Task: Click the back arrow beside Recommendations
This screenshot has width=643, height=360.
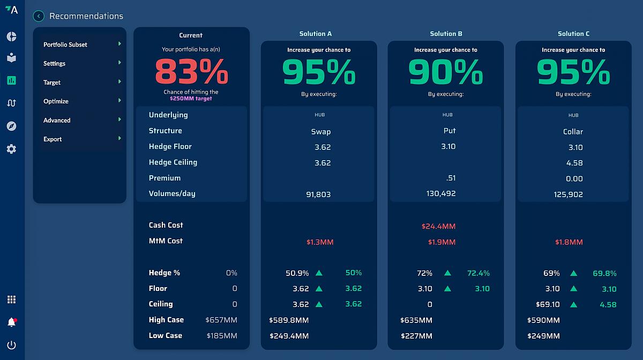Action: coord(39,16)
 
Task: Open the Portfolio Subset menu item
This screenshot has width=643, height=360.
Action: coord(65,44)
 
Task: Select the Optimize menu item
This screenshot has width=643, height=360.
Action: coord(56,101)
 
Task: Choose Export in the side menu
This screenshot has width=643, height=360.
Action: coord(53,139)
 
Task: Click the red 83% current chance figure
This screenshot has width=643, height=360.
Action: coord(191,72)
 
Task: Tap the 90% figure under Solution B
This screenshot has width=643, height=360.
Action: coord(445,72)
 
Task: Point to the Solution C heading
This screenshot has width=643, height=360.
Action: coord(573,34)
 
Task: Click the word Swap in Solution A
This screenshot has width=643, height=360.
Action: coord(321,132)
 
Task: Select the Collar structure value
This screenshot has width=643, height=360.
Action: coord(573,132)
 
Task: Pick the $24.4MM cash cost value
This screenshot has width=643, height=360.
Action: coord(438,226)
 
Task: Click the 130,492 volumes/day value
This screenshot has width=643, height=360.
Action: coord(441,193)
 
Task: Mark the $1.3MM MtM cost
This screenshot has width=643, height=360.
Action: coord(320,242)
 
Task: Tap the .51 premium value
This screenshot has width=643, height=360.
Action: coord(451,178)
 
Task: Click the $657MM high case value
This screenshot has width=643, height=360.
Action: coord(221,320)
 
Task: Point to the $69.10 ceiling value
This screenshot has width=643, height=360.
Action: coord(548,304)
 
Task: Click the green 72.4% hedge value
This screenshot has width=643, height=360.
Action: coord(478,273)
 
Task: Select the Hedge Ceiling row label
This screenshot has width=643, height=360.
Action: coord(173,162)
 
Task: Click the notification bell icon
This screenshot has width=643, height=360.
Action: coord(11,322)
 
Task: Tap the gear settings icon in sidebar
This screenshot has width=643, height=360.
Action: coord(11,149)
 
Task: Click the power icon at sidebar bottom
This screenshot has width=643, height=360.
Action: coord(11,345)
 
